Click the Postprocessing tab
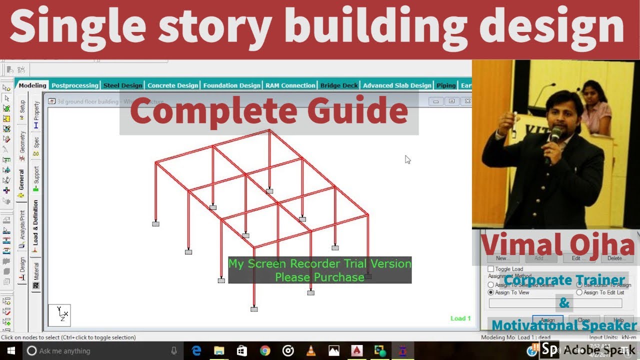tap(75, 85)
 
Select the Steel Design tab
tap(122, 85)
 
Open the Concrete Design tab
tap(172, 85)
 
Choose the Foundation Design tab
tap(231, 85)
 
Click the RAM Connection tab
tap(290, 85)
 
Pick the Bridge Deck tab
tap(339, 85)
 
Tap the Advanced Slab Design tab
tap(397, 85)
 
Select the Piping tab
tap(446, 85)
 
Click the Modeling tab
tap(32, 85)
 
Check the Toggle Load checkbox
tap(490, 269)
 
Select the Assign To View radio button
tap(490, 292)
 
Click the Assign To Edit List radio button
tap(579, 292)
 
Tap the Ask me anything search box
tap(100, 351)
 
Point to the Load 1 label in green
tap(460, 318)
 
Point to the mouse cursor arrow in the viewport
tap(407, 159)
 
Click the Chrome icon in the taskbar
tap(265, 351)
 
